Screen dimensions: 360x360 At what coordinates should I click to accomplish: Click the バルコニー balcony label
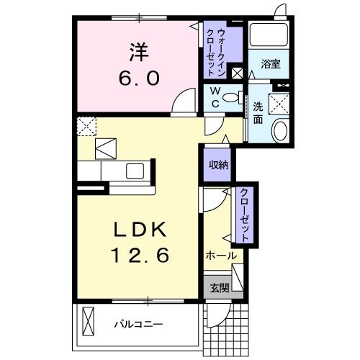138,324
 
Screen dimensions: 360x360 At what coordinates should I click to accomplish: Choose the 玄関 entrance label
220,288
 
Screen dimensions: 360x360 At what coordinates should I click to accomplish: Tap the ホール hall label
221,256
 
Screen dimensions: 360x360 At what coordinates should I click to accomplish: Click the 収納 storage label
218,165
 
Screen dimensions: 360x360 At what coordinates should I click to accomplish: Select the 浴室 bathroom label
271,64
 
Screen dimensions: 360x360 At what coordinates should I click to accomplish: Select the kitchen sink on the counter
135,171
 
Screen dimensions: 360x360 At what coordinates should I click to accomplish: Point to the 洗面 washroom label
258,113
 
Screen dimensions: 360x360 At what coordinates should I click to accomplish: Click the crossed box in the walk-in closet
238,72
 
